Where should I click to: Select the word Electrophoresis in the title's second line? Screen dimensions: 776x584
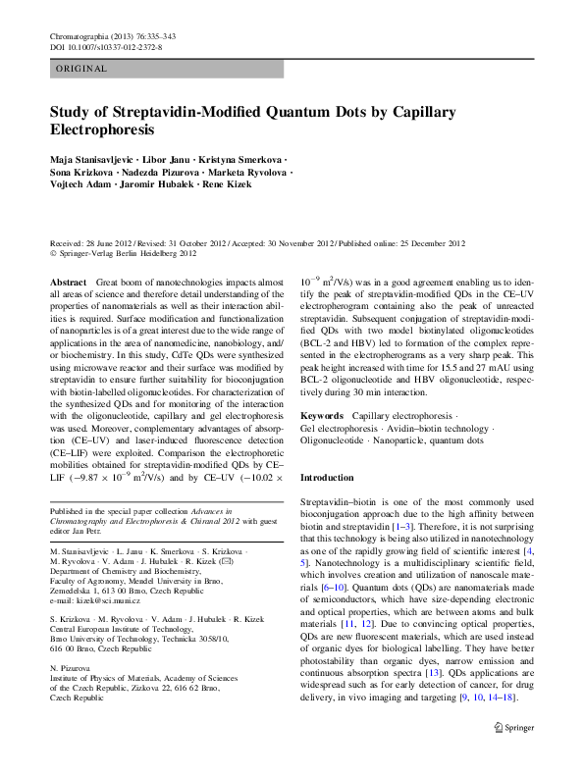tap(102, 129)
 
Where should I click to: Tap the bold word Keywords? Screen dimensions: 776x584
tap(321, 416)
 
